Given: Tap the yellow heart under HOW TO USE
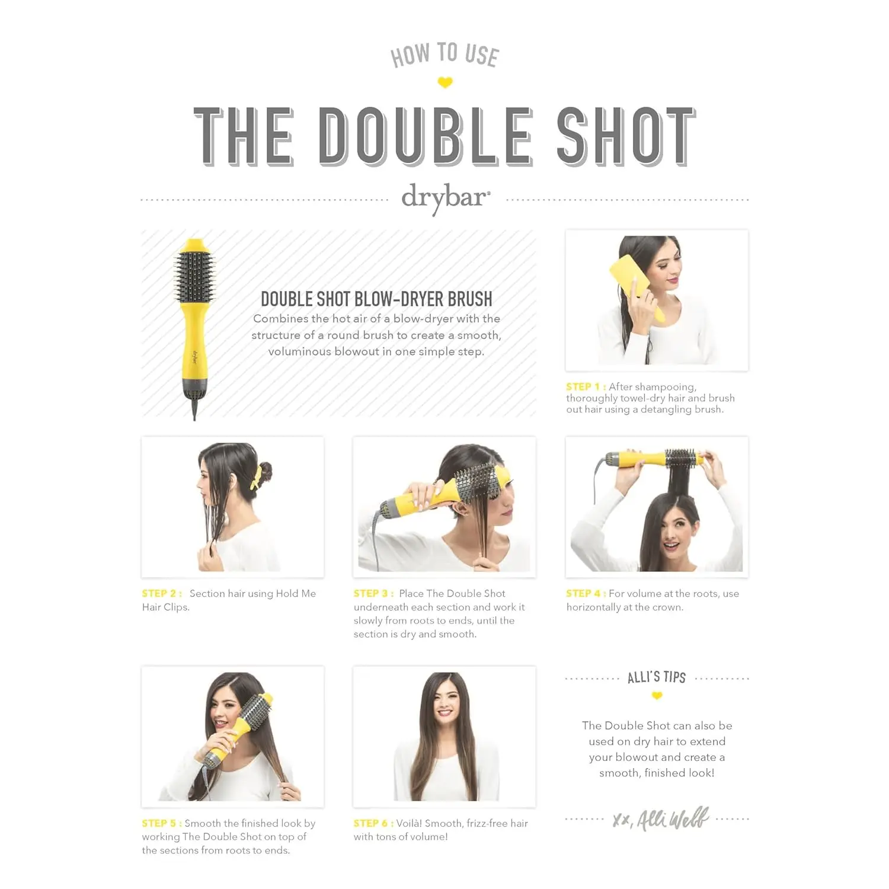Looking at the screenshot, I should pos(445,83).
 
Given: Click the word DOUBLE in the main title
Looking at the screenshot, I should pos(425,136).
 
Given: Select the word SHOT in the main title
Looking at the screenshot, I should pos(626,136).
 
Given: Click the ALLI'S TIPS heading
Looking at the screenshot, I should pos(657,677).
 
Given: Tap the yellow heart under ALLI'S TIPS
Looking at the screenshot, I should pos(657,696).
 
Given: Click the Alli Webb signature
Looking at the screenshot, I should pos(661,819).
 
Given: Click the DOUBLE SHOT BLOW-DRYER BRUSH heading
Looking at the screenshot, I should pos(376,299).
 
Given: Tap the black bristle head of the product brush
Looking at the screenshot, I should pos(194,276).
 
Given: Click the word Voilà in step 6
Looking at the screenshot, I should pos(409,823).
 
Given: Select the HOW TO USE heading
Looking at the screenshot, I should pos(444,55).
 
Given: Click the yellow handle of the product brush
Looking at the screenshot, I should pos(194,350).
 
